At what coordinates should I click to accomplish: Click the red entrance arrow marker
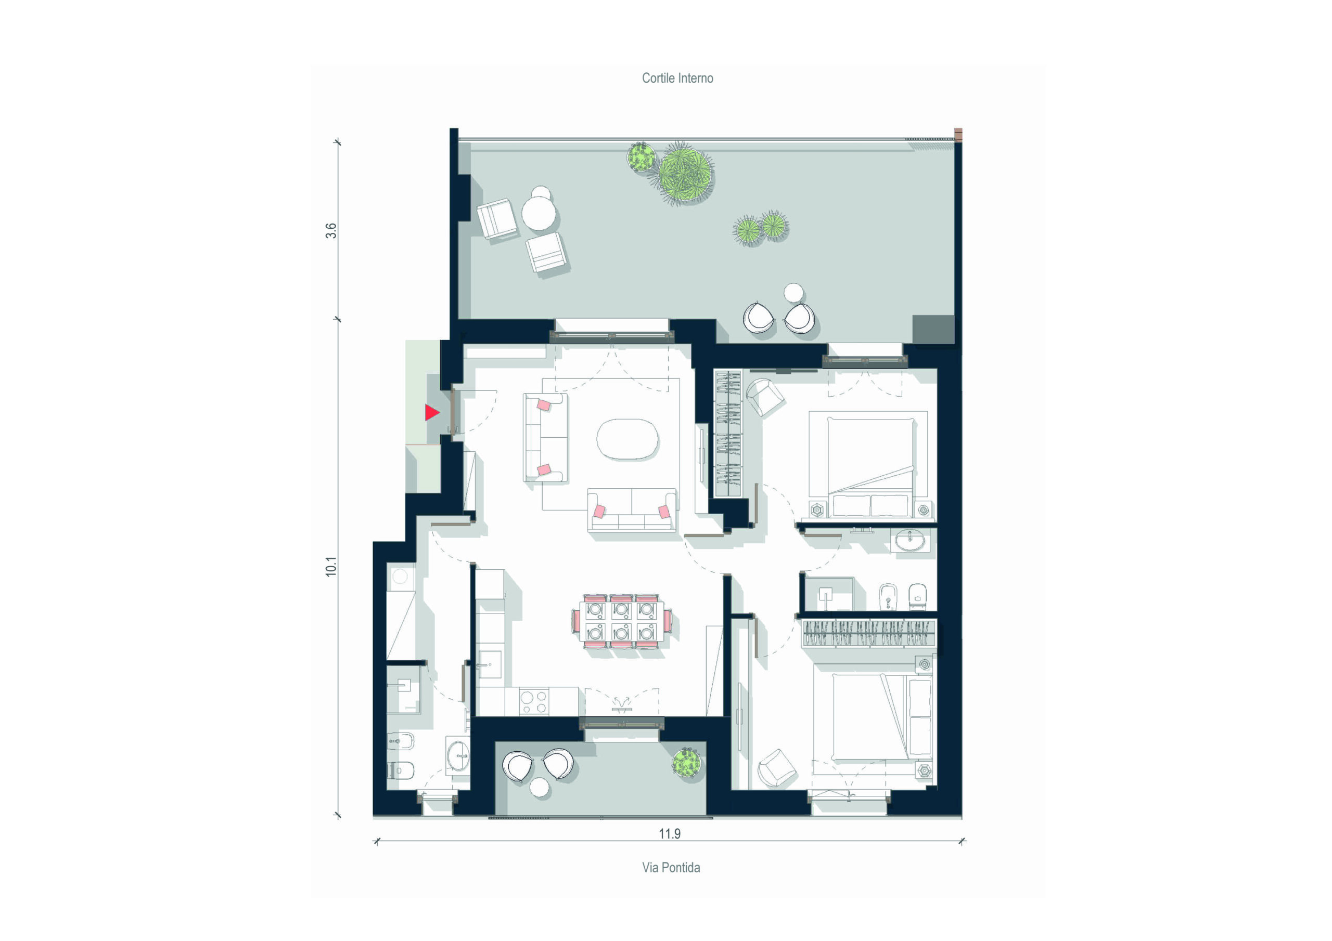[x=432, y=412]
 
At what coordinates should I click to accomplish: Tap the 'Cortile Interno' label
[x=677, y=79]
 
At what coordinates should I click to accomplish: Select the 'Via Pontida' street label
[x=671, y=867]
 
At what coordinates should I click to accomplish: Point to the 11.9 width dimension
[x=670, y=834]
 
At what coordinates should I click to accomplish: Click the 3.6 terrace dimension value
[x=331, y=231]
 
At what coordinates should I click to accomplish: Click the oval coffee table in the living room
[x=627, y=439]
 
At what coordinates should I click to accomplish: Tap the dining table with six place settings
[x=621, y=620]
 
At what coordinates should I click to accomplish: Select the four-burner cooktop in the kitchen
[x=534, y=701]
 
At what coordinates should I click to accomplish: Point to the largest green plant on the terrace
[x=686, y=172]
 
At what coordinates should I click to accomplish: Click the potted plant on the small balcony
[x=686, y=761]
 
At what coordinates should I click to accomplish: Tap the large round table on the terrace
[x=539, y=213]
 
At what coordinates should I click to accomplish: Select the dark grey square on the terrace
[x=933, y=329]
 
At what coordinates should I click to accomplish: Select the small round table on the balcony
[x=540, y=787]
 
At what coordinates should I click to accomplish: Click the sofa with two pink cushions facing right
[x=545, y=437]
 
